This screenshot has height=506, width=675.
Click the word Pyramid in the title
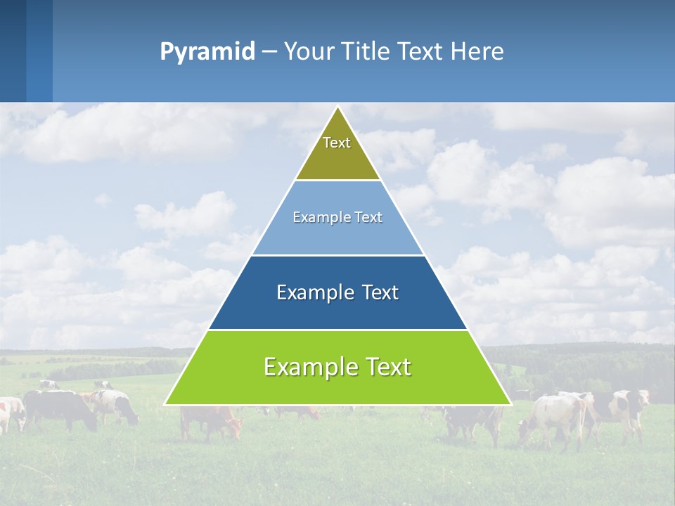207,52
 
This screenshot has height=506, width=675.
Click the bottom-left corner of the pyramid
166,404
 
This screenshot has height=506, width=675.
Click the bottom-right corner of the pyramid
510,404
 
